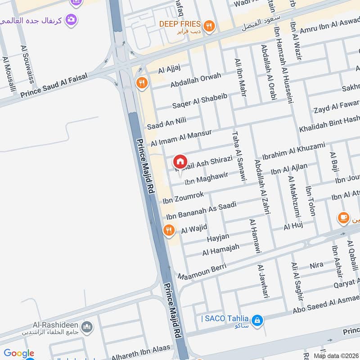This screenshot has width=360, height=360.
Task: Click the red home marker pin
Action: click(x=180, y=162)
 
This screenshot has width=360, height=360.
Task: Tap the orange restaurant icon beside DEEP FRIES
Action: click(x=208, y=26)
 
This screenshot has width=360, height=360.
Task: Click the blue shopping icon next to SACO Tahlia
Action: click(x=257, y=320)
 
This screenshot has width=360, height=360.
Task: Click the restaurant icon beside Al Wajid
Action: click(x=169, y=230)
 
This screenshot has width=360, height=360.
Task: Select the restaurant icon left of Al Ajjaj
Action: click(x=141, y=82)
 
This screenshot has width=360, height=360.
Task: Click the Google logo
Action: click(x=19, y=353)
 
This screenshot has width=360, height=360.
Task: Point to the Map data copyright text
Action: click(x=336, y=355)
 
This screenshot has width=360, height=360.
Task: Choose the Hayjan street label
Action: click(x=218, y=237)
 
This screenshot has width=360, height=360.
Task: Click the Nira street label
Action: click(x=317, y=265)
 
